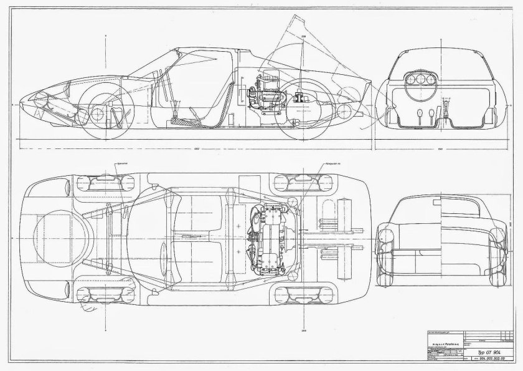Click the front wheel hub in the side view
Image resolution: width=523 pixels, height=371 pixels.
pos(97,114)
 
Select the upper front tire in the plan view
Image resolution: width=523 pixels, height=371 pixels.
pos(103,183)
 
